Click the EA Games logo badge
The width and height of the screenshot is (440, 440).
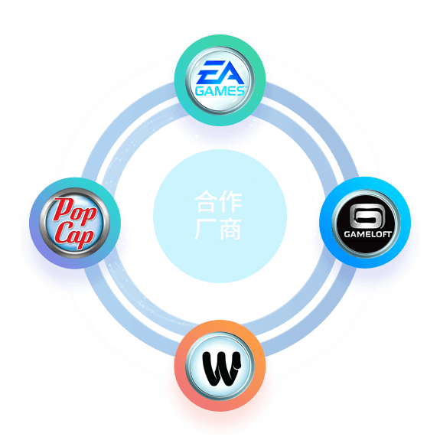click(x=220, y=80)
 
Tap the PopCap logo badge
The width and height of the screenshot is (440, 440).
click(x=75, y=223)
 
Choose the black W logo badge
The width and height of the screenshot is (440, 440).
click(x=220, y=366)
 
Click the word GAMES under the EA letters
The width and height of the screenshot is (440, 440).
click(x=220, y=91)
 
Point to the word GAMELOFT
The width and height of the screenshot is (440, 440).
click(x=367, y=234)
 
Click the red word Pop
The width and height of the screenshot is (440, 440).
click(x=75, y=209)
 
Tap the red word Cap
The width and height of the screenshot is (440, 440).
click(x=74, y=234)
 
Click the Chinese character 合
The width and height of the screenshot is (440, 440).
click(x=206, y=201)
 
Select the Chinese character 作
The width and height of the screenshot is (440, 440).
click(x=230, y=201)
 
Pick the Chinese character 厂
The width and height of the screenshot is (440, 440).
click(x=206, y=230)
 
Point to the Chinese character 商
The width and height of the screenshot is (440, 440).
click(x=230, y=230)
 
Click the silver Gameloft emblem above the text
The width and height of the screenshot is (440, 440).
click(x=367, y=216)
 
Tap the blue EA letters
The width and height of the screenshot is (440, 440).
click(x=220, y=73)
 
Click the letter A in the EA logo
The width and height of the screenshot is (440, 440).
click(x=232, y=73)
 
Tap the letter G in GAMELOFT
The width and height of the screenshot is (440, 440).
click(x=347, y=234)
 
